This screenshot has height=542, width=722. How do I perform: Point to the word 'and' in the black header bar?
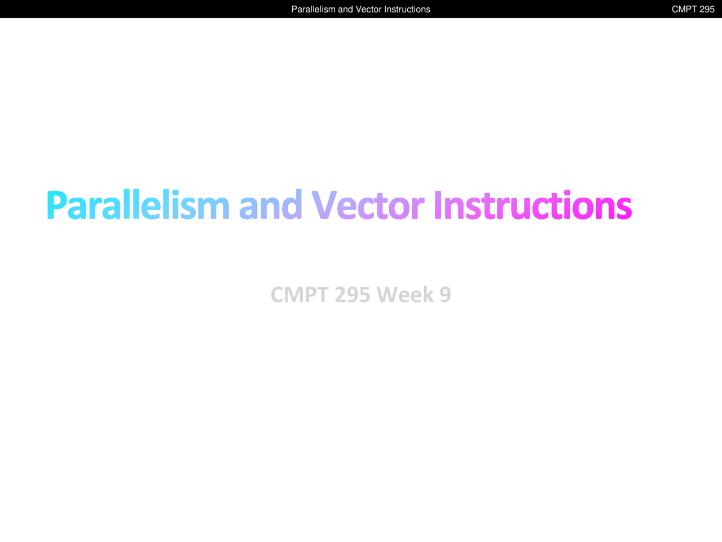[x=345, y=9]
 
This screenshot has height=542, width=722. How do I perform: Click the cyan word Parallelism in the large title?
[x=138, y=204]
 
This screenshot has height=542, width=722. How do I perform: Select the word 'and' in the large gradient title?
[x=270, y=204]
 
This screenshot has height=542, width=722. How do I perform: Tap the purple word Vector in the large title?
[x=368, y=204]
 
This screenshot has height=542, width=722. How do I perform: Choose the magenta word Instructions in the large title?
[x=533, y=204]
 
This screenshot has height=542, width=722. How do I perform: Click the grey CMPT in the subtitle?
[x=300, y=294]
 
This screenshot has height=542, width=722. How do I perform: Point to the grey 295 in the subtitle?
[x=353, y=294]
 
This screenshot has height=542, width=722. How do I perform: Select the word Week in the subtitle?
[x=405, y=294]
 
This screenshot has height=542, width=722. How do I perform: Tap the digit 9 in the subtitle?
[x=446, y=294]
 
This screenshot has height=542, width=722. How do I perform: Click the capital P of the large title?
[x=57, y=204]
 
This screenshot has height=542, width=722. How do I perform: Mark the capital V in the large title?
[x=324, y=204]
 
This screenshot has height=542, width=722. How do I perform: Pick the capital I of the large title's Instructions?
[x=438, y=204]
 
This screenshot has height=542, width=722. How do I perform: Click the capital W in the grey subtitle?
[x=389, y=294]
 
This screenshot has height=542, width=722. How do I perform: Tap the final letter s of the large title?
[x=624, y=208]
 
